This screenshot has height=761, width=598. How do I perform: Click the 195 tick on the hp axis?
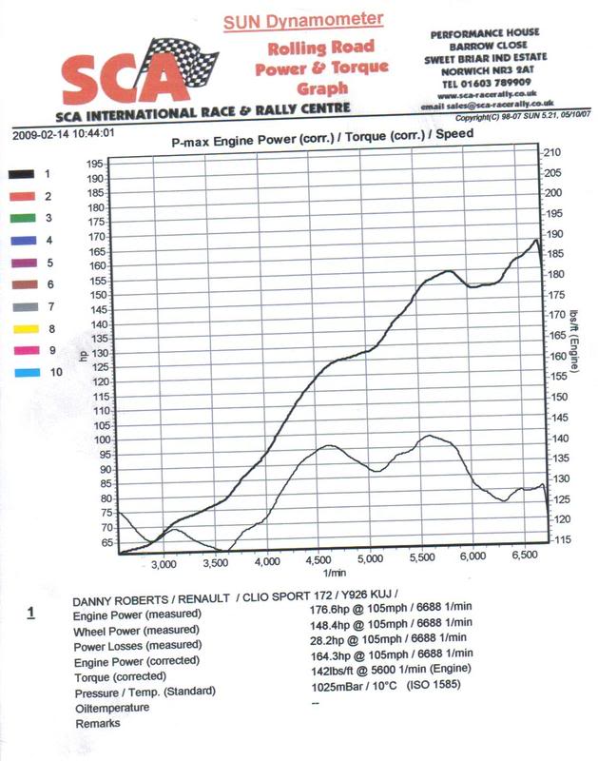(x=94, y=165)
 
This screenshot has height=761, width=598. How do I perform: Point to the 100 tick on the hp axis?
(x=94, y=440)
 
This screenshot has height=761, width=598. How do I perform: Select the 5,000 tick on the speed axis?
(x=369, y=562)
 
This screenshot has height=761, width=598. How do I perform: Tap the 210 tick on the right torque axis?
(x=551, y=152)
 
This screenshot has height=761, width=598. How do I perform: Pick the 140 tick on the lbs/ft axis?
(x=551, y=439)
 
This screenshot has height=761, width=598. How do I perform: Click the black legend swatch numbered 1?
(x=21, y=174)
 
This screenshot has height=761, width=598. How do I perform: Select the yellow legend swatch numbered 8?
(x=21, y=328)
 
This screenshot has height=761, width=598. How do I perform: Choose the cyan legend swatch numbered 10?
(x=21, y=372)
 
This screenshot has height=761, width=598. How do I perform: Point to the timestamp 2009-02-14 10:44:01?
(x=64, y=134)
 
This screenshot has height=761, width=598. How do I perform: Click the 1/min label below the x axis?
(x=334, y=574)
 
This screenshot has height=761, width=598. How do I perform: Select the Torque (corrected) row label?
(x=121, y=676)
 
